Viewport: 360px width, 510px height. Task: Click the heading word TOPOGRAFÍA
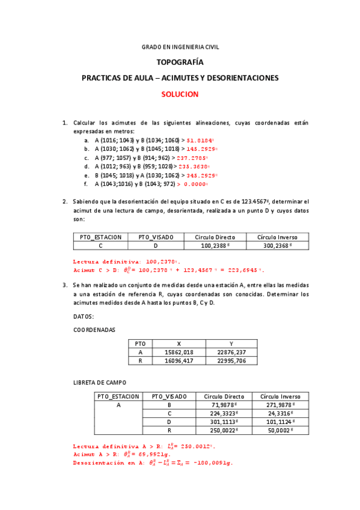tap(180, 62)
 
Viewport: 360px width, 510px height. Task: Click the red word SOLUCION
tap(180, 94)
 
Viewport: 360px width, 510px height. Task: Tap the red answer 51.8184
tap(200, 140)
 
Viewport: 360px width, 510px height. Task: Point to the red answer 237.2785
tap(202, 158)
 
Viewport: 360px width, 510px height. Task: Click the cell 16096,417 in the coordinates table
tap(179, 361)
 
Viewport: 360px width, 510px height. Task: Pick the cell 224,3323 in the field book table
tap(224, 414)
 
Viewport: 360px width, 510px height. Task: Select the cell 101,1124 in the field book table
tap(276, 422)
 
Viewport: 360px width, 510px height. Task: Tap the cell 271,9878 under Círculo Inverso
tap(276, 405)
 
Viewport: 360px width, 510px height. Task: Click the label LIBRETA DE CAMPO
tap(100, 382)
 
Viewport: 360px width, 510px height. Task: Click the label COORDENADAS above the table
tap(94, 330)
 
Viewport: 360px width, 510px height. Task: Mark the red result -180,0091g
tap(209, 463)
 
